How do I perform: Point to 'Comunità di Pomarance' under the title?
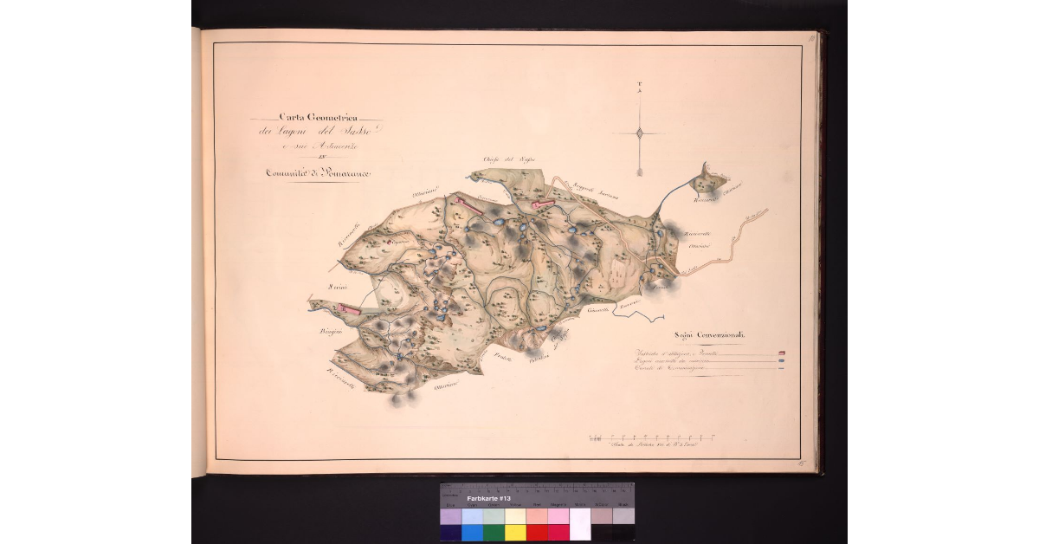click(x=317, y=175)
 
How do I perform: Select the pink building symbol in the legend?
click(x=782, y=353)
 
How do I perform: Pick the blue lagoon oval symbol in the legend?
click(x=782, y=361)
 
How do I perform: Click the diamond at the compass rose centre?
click(x=640, y=133)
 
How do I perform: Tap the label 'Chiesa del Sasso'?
click(x=500, y=159)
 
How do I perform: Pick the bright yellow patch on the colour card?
click(x=515, y=532)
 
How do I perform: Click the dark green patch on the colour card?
click(x=494, y=532)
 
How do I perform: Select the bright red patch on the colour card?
click(x=537, y=532)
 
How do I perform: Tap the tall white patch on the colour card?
click(x=579, y=523)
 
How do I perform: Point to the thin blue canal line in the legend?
click(x=782, y=369)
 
